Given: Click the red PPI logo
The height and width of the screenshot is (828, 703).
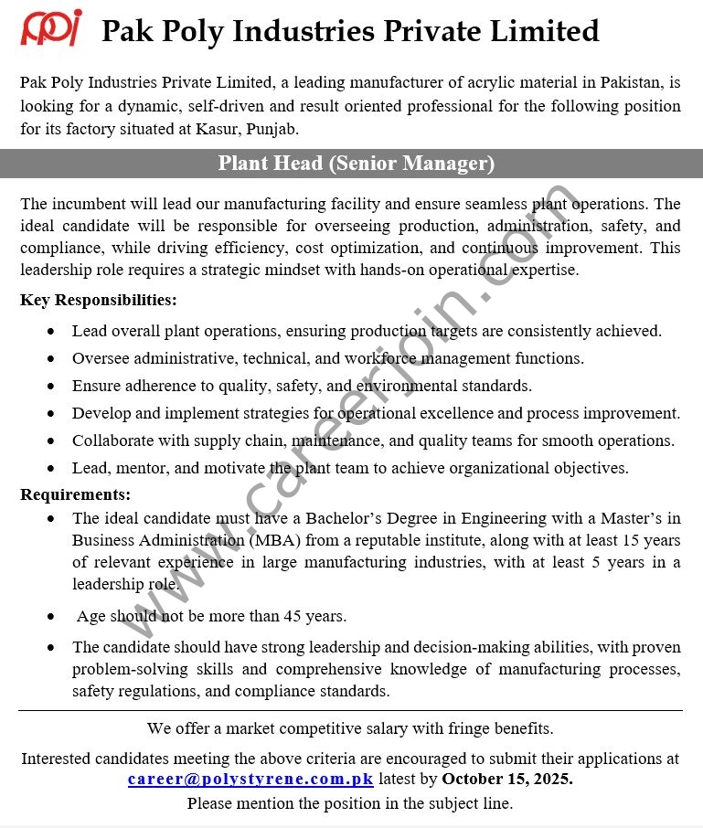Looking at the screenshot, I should tap(51, 27).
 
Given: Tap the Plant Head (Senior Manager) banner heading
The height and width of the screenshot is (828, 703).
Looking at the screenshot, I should tap(356, 164).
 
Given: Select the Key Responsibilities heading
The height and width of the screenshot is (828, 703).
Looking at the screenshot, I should tap(99, 300).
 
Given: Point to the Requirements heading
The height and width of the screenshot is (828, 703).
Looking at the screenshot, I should tap(76, 495).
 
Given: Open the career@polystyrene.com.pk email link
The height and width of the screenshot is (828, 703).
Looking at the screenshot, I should tap(250, 780).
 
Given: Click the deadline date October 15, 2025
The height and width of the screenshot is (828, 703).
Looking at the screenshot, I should tap(507, 780).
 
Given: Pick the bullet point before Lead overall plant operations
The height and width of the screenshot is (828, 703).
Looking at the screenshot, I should tap(51, 332).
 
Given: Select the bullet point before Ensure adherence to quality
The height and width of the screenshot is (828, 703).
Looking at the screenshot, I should tap(51, 387).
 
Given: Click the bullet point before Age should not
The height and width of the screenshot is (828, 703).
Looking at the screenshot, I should tap(51, 617).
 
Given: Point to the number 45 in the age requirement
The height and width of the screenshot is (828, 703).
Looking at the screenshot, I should tap(293, 617).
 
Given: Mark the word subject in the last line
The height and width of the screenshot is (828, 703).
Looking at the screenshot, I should tap(449, 803).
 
